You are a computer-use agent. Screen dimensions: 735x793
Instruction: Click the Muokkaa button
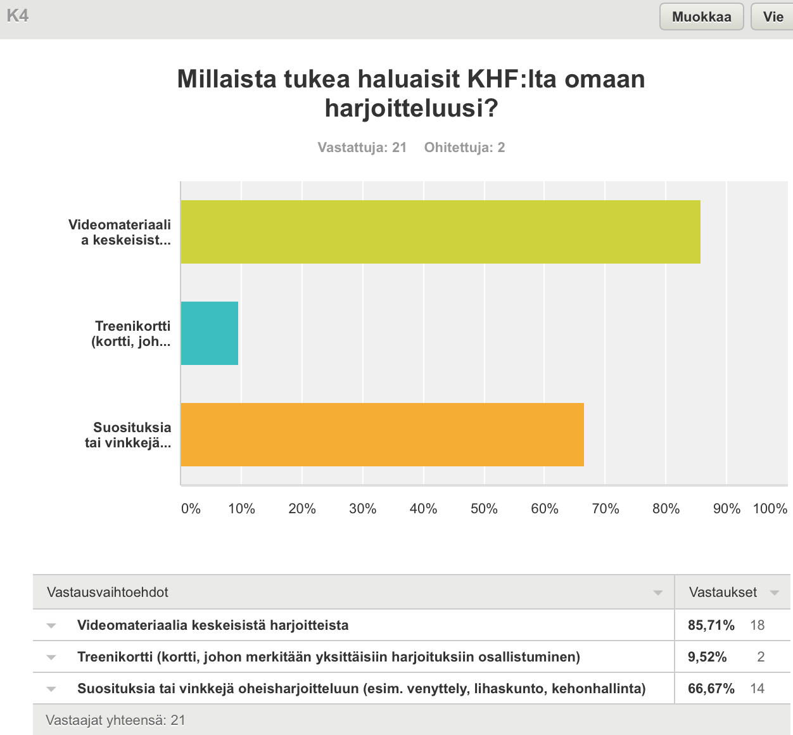point(701,16)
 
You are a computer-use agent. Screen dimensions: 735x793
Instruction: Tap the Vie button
point(773,16)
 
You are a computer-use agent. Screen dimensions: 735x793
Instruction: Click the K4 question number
point(17,16)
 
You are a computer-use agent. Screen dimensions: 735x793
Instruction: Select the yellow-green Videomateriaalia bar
point(440,232)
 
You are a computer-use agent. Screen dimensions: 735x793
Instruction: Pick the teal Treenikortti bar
point(210,333)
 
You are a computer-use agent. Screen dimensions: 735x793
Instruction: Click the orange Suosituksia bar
point(382,435)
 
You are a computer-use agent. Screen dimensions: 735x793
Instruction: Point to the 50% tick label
point(484,509)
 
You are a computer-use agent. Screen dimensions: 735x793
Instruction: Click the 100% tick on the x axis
point(770,509)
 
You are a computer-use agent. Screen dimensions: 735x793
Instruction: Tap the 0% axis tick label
point(191,509)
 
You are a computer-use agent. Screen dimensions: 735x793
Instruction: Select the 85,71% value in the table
point(711,625)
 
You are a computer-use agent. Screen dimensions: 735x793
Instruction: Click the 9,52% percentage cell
point(707,657)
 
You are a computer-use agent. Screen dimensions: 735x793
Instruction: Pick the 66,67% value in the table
point(711,689)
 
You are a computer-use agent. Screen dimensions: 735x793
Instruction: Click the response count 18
point(758,625)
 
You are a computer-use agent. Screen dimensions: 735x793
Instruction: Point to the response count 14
point(758,689)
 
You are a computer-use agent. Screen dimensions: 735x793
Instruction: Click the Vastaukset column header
point(723,592)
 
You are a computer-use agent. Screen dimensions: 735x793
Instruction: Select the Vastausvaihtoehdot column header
point(108,592)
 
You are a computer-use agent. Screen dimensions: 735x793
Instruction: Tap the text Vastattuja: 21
point(362,148)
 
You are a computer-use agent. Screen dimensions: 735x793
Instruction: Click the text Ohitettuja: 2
point(464,148)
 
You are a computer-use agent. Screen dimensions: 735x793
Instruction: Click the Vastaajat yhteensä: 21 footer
point(115,720)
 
